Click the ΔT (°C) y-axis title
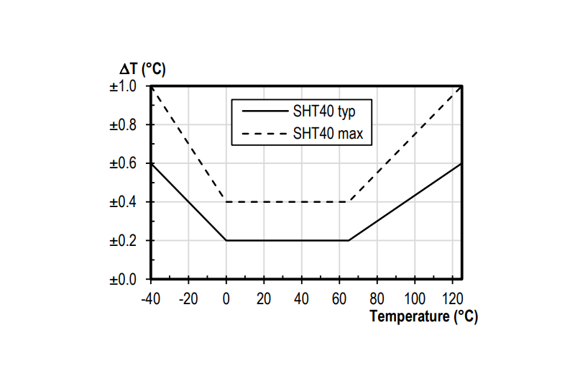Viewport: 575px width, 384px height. pos(143,70)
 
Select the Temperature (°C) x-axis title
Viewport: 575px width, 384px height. pos(423,316)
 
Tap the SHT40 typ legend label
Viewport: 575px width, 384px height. pos(324,111)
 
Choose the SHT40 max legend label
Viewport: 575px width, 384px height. pos(326,134)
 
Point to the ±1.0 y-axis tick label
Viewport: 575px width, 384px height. pos(127,86)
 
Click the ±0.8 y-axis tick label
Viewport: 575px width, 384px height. pos(127,125)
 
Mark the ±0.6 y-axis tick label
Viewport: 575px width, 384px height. pos(127,163)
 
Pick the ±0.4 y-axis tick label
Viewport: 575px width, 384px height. pos(127,202)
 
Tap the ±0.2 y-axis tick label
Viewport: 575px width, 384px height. pos(127,240)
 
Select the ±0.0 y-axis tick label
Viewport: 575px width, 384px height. pos(127,279)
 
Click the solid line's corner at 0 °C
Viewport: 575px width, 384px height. pos(226,240)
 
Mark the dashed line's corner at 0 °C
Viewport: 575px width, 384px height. pos(226,202)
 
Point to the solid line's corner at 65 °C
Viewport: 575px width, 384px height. pos(349,240)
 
